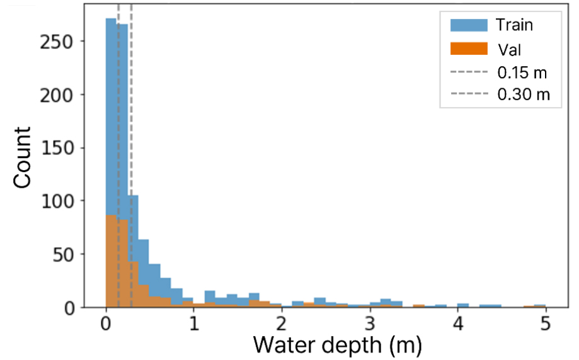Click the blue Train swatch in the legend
469,26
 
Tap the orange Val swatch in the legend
469,49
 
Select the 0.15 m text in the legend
522,73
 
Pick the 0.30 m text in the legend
523,95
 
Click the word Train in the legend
514,26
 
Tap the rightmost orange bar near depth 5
540,306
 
